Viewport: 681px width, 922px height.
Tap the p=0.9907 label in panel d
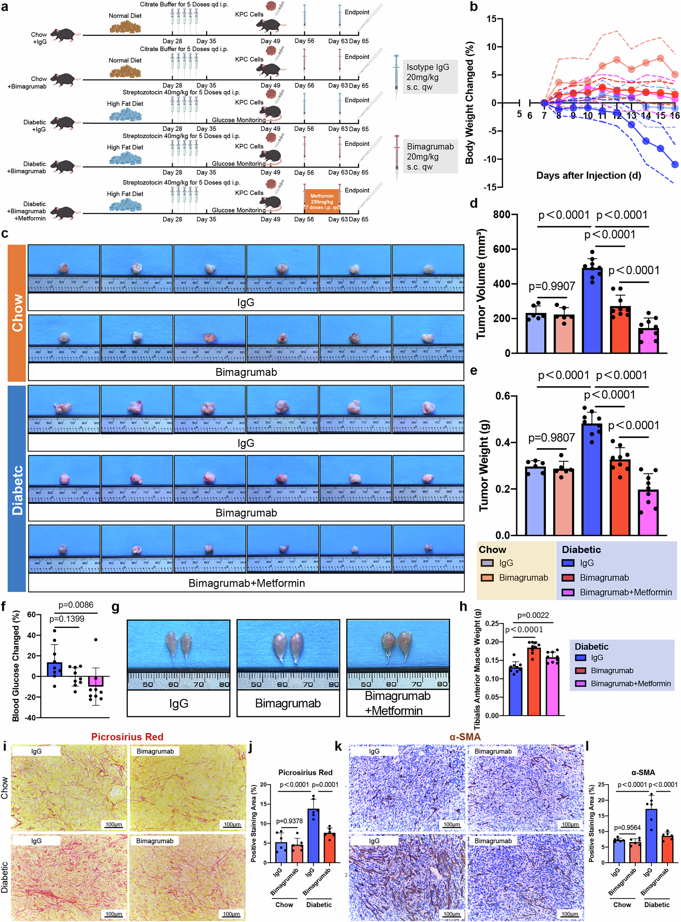click(x=552, y=286)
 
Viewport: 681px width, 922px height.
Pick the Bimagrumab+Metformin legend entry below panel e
click(x=625, y=592)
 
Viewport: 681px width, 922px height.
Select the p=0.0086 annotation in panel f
click(x=76, y=605)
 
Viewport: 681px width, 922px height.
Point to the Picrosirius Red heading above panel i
click(x=127, y=737)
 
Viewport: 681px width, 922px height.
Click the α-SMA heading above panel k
click(x=465, y=737)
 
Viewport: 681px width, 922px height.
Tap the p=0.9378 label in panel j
click(x=289, y=821)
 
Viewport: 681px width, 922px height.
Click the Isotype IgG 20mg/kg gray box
click(x=430, y=77)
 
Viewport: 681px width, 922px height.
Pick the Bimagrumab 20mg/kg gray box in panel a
click(x=430, y=157)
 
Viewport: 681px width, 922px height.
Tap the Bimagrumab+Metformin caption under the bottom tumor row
click(x=247, y=583)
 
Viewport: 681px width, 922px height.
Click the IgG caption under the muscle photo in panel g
click(x=178, y=703)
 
